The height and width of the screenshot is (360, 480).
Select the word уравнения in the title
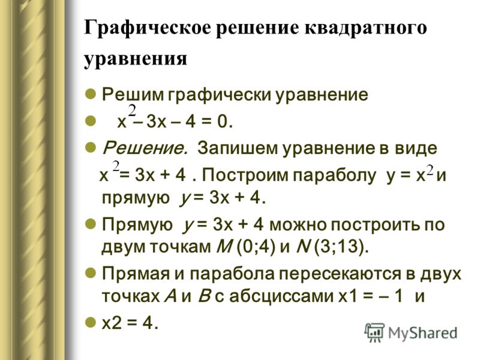tap(136, 58)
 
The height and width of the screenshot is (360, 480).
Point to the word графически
tap(219, 95)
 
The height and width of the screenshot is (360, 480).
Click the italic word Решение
tap(145, 148)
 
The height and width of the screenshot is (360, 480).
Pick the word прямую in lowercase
tap(136, 199)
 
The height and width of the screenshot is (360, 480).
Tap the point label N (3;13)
tap(332, 247)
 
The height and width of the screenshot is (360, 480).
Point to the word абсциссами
tap(281, 296)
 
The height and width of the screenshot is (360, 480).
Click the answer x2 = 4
tap(130, 323)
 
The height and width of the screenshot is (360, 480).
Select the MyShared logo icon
tap(374, 332)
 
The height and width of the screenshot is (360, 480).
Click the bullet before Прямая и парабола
tap(91, 273)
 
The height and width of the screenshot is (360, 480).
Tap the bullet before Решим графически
tap(91, 94)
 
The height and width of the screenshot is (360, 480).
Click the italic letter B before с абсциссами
tap(204, 296)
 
